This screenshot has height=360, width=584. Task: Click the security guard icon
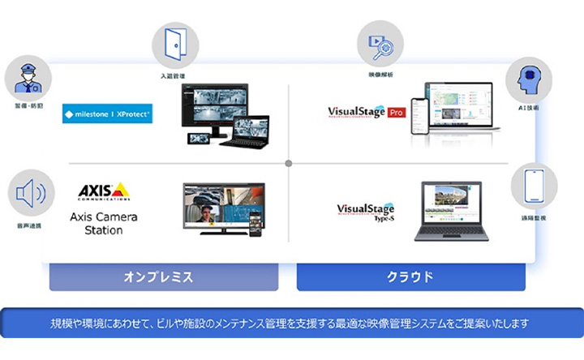(28, 79)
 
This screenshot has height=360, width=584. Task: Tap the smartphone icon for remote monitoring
(534, 187)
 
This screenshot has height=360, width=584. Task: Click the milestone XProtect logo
(107, 115)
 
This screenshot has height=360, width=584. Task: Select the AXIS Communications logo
(103, 191)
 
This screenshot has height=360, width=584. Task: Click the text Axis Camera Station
(103, 223)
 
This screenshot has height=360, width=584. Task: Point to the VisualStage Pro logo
(366, 111)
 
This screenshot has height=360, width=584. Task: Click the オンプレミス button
(163, 276)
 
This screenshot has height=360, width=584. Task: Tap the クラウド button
(410, 276)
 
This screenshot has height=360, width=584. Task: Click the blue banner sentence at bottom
(291, 323)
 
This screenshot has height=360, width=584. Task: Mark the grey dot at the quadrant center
(289, 164)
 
